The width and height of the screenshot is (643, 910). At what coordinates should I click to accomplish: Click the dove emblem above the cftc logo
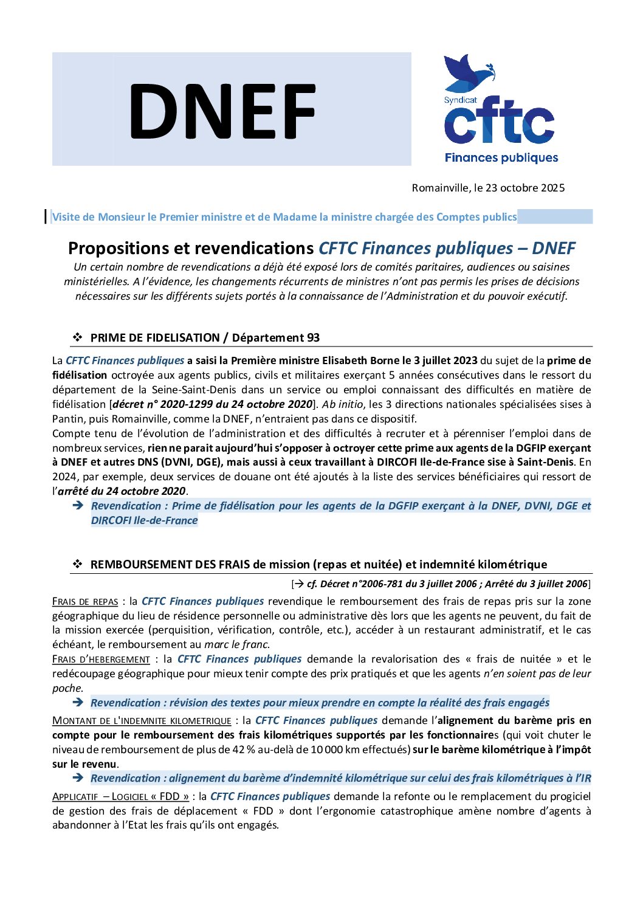469,72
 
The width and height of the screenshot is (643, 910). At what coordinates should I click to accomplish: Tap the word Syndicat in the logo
460,100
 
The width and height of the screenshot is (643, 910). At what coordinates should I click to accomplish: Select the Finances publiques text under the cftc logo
501,158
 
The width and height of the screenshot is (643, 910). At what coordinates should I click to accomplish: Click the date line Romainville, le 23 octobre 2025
488,188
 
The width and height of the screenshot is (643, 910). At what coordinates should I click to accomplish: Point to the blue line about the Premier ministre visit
284,217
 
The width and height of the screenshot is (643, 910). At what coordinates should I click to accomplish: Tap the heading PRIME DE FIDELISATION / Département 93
205,338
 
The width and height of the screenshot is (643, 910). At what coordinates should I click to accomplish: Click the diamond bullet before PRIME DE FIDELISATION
78,337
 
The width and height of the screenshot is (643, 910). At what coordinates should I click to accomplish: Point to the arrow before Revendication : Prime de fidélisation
78,506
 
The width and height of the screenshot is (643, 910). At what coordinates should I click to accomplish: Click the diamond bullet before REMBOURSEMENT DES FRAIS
78,564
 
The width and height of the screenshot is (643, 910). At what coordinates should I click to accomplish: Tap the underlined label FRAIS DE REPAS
85,602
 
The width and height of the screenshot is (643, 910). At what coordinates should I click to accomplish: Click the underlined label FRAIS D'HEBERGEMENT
101,660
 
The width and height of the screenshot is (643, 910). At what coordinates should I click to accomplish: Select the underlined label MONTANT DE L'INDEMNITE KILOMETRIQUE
142,721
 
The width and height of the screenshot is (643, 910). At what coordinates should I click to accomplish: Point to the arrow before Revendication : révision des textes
78,703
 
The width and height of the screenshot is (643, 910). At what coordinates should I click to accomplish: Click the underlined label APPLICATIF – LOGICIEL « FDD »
120,796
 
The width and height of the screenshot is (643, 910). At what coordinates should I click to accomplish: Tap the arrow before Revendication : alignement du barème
78,778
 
